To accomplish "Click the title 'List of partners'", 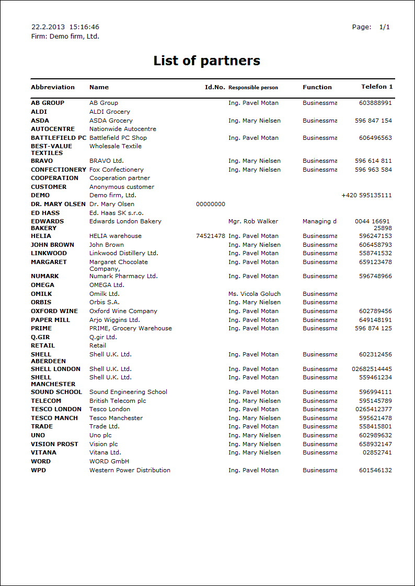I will pos(206,61).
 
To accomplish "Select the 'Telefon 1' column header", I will pos(377,87).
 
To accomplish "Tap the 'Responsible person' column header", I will pos(253,88).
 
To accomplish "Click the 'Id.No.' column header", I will pos(215,87).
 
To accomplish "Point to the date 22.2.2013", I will pos(48,27).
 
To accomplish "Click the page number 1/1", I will pos(385,27).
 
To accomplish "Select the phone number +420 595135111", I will pos(366,195).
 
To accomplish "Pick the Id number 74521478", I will pos(211,236).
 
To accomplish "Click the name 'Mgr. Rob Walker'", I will pos(253,221).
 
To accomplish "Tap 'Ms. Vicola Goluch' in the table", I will pos(254,294).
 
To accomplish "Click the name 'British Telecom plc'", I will pos(118,401).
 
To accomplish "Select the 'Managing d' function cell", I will pos(319,221).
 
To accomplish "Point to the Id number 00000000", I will pos(211,204).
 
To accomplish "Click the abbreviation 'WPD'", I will pos(38,470).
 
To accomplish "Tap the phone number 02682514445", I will pos(372,369).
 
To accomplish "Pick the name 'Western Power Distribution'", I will pos(130,470).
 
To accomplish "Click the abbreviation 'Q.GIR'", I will pos(40,337).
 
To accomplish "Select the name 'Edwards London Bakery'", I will pos(125,221).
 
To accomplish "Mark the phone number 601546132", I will pos(375,470).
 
